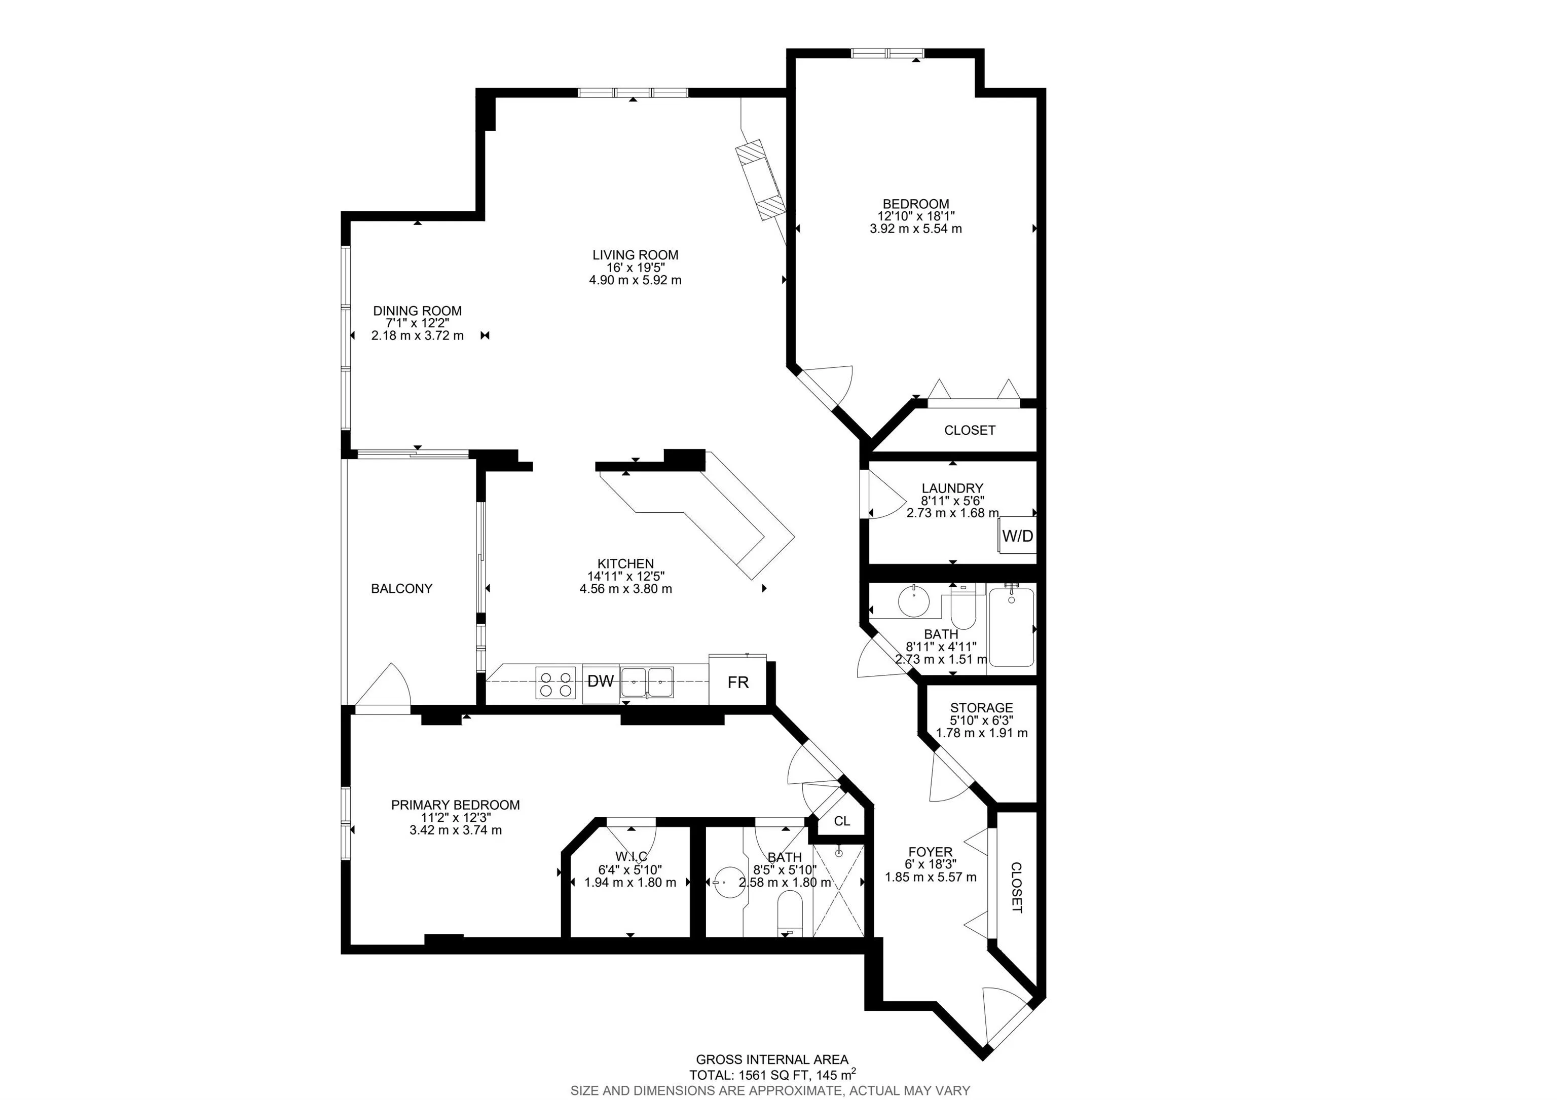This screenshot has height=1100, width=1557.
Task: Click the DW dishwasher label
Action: [600, 681]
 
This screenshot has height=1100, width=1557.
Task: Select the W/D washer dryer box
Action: [1018, 536]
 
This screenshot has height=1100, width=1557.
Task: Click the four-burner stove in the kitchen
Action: [554, 682]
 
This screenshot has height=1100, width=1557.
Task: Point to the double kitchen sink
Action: [648, 682]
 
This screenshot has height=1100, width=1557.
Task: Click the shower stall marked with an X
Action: [838, 890]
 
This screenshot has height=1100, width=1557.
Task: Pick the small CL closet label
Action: [841, 821]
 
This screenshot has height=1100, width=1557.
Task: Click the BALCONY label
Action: [401, 588]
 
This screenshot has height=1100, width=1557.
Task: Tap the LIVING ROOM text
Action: [636, 255]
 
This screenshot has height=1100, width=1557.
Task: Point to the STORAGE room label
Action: [981, 708]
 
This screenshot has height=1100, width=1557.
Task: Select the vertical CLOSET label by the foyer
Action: [1016, 888]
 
